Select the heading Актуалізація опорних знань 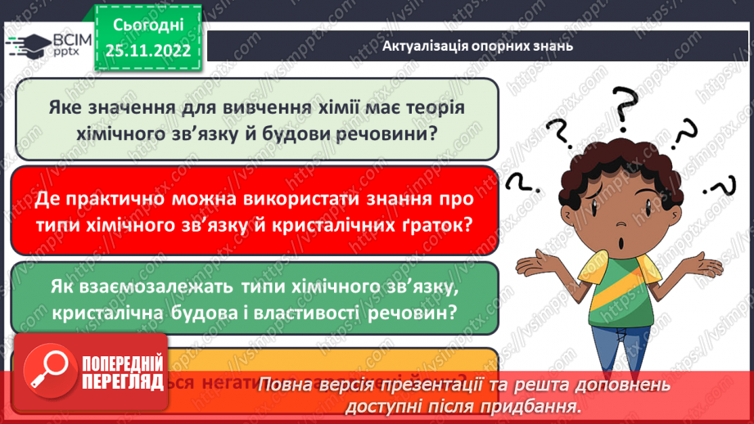tap(477, 46)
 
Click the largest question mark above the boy tap(625, 111)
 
